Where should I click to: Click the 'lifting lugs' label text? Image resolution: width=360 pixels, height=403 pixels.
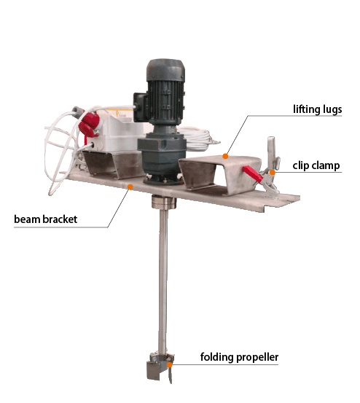pyautogui.click(x=317, y=109)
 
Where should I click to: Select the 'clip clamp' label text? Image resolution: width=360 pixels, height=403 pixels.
pyautogui.click(x=316, y=165)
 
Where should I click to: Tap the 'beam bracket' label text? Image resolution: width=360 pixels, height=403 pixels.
pyautogui.click(x=45, y=219)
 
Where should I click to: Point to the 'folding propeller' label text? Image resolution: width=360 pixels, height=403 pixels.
pyautogui.click(x=239, y=357)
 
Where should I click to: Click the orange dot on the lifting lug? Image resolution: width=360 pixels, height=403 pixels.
pyautogui.click(x=225, y=156)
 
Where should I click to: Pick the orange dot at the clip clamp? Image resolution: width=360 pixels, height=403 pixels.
pyautogui.click(x=273, y=172)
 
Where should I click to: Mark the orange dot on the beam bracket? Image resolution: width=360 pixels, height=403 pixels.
pyautogui.click(x=130, y=187)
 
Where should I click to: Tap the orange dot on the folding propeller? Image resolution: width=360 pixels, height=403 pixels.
pyautogui.click(x=169, y=364)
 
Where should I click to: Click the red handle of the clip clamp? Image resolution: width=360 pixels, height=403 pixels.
pyautogui.click(x=252, y=173)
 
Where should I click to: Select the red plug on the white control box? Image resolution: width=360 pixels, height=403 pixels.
pyautogui.click(x=89, y=125)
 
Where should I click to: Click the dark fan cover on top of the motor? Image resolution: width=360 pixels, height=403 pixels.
pyautogui.click(x=165, y=70)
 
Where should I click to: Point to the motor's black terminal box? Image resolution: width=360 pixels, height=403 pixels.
pyautogui.click(x=140, y=106)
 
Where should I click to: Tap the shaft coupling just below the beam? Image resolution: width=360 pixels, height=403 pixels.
pyautogui.click(x=164, y=202)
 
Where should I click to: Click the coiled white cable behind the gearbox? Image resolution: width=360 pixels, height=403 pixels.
pyautogui.click(x=198, y=138)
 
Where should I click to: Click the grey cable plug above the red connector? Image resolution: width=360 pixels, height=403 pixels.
pyautogui.click(x=78, y=110)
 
